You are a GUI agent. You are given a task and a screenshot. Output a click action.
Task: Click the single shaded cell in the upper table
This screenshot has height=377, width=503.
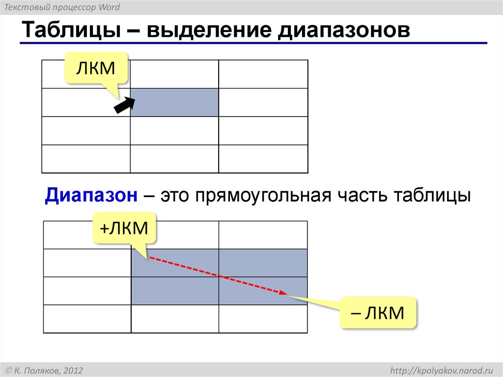coord(174,102)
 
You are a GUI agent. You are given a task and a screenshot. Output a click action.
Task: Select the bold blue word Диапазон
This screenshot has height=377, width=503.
coord(91,195)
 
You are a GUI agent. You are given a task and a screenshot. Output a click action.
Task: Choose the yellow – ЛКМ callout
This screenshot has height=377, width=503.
coord(378,312)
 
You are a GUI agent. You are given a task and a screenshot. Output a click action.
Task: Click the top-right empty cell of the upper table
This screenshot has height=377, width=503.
coord(263,74)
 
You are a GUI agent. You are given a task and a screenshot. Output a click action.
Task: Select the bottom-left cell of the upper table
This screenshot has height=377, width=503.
coord(86,159)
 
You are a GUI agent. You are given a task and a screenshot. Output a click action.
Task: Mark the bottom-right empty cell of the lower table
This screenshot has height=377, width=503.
coord(263,319)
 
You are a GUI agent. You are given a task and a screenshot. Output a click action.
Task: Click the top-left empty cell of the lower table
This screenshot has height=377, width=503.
coord(87,235)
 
